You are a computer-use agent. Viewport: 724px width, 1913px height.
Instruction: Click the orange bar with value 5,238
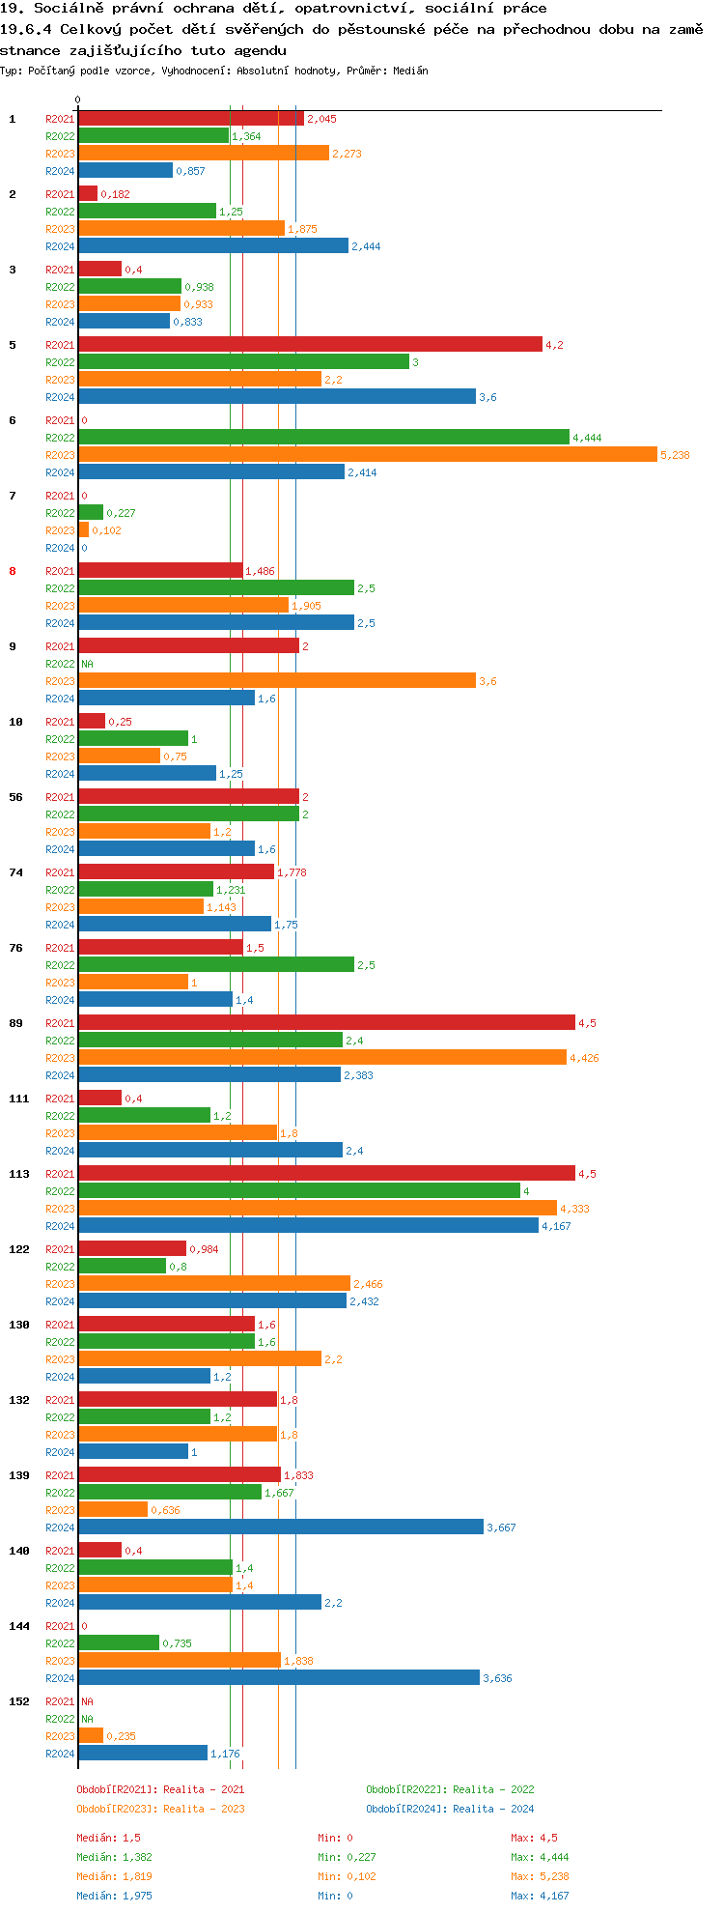(x=367, y=454)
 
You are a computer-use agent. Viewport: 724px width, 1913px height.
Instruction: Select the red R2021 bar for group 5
(x=310, y=344)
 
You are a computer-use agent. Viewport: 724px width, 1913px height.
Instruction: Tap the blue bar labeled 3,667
(x=280, y=1527)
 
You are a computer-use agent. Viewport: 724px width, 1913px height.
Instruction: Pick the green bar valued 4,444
(x=323, y=437)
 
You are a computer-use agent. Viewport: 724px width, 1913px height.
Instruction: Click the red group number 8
(x=13, y=571)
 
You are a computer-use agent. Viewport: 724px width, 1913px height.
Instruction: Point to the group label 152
(x=19, y=1701)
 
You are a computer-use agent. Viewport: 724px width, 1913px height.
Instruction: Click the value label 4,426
(x=584, y=1058)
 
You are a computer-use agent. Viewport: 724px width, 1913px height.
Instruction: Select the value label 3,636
(x=497, y=1678)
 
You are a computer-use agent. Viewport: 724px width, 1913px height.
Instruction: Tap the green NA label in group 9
(x=87, y=664)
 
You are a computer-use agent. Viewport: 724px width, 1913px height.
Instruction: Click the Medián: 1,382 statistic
(x=114, y=1857)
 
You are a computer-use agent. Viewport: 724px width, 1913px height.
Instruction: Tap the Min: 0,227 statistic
(x=347, y=1857)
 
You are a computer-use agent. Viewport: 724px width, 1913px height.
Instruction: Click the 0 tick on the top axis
(x=78, y=100)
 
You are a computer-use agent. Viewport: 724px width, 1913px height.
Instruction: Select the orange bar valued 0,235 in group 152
(x=91, y=1735)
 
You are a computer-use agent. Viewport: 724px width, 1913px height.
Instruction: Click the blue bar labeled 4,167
(x=308, y=1225)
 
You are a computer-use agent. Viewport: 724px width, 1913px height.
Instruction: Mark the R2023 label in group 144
(x=60, y=1661)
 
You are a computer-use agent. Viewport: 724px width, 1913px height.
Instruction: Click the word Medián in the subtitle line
(x=410, y=71)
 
